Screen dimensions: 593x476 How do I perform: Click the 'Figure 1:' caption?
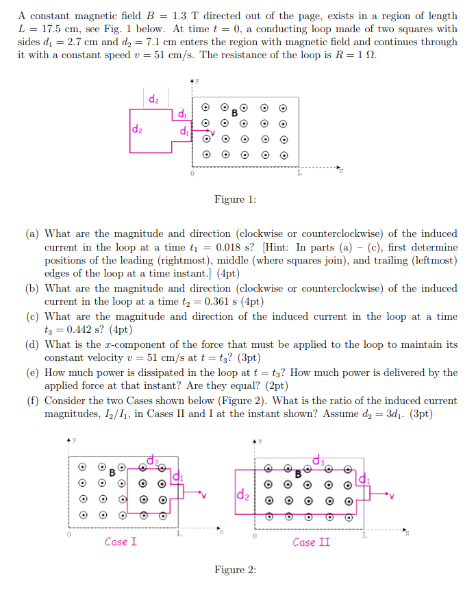(x=235, y=199)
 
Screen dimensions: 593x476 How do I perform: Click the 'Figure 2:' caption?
(x=235, y=570)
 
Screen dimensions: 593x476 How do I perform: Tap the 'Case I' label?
(x=121, y=542)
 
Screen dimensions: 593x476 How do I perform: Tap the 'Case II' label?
(x=311, y=542)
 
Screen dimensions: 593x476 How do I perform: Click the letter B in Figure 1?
(x=234, y=112)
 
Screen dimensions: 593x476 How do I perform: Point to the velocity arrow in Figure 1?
(x=203, y=127)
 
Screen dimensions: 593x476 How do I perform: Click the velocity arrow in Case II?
(x=382, y=493)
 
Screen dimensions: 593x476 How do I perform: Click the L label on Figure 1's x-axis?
(x=298, y=175)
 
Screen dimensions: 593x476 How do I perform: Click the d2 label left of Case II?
(x=242, y=493)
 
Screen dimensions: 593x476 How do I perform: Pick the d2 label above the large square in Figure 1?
(x=154, y=99)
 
